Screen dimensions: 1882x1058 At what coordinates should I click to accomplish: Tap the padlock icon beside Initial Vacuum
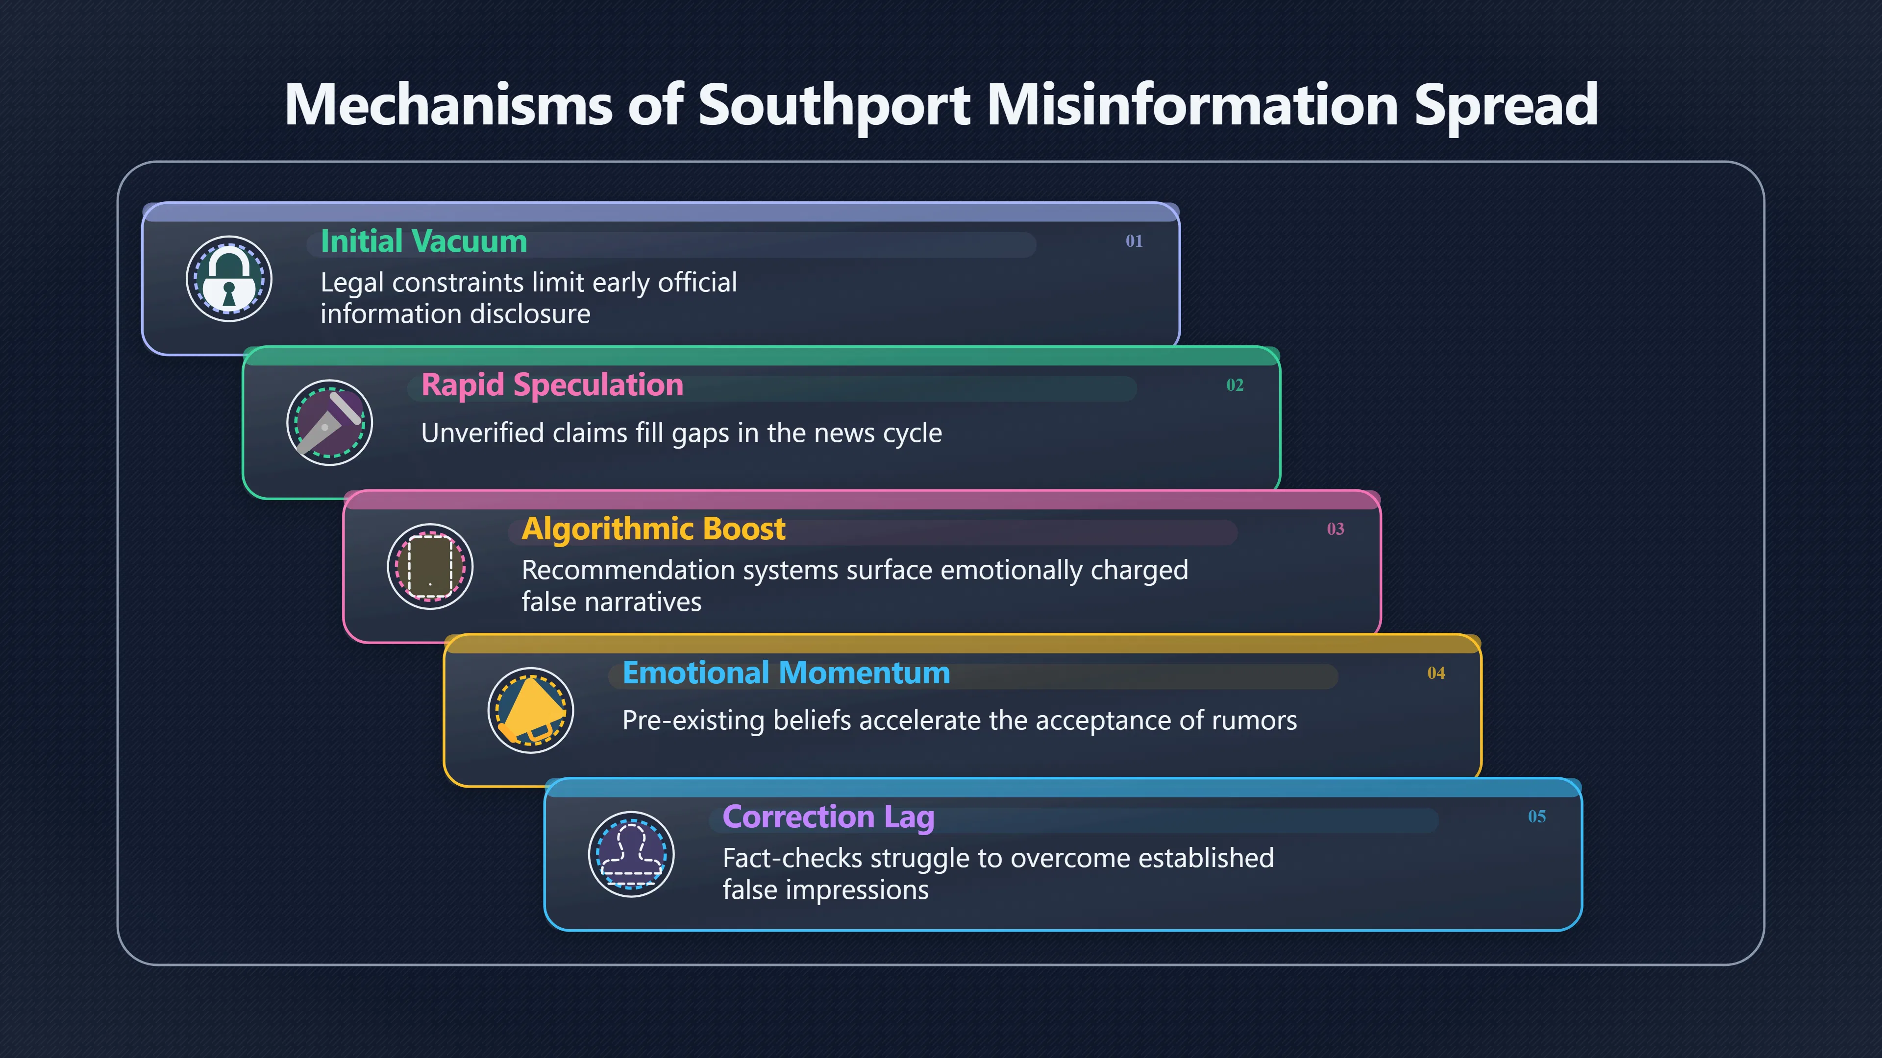tap(229, 279)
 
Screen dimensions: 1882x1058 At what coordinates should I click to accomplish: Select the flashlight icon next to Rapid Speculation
tap(329, 423)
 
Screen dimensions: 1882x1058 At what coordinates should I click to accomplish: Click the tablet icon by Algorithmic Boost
tap(430, 567)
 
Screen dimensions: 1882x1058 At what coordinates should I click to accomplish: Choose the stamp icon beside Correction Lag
tap(631, 854)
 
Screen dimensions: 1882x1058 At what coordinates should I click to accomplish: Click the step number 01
tap(1134, 241)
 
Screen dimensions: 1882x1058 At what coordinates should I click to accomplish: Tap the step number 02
tap(1235, 385)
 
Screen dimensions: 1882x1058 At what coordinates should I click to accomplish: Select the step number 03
tap(1336, 529)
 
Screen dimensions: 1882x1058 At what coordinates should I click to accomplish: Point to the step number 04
tap(1436, 673)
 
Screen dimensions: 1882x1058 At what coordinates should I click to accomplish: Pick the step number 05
tap(1537, 817)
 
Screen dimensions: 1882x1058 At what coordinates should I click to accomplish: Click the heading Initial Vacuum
tap(424, 241)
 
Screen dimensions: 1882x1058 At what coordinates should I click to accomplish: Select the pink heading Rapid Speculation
tap(552, 385)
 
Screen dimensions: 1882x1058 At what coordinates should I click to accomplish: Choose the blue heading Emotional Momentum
tap(786, 673)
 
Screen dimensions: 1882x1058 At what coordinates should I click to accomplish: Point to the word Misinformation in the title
tap(1192, 104)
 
